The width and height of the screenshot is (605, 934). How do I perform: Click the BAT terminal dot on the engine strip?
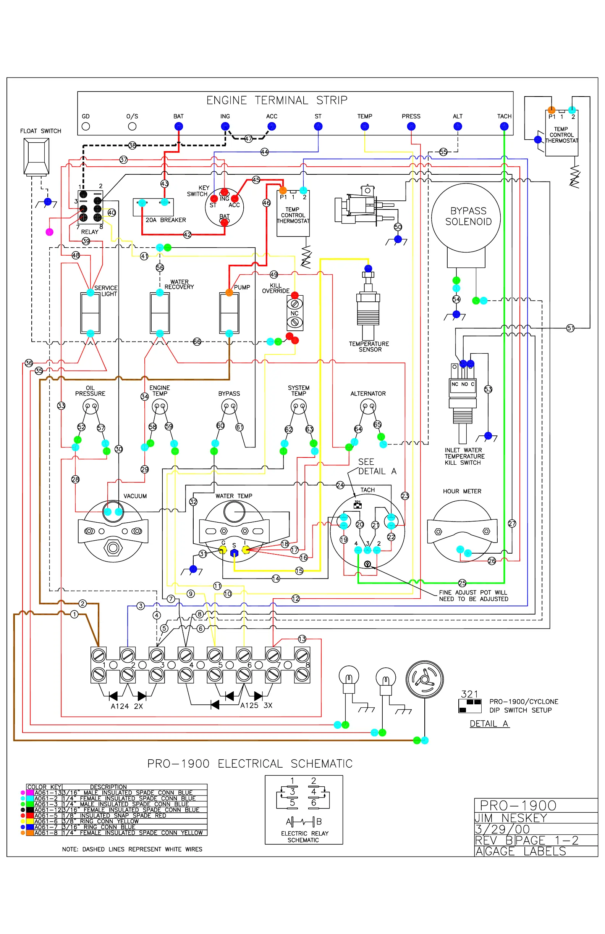[x=178, y=126]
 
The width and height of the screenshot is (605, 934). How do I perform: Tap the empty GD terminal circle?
[x=86, y=126]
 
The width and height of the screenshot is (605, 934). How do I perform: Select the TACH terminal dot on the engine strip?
[x=504, y=126]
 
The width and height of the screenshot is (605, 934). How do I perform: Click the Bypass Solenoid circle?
[x=466, y=217]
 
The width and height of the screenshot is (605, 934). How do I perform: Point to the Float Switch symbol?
[x=37, y=156]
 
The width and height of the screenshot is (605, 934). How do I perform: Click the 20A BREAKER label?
[x=165, y=220]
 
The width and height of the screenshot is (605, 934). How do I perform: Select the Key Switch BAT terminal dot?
[x=224, y=222]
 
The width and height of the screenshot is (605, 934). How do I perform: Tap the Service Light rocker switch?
[x=91, y=313]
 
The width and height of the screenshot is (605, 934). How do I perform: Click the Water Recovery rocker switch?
[x=160, y=313]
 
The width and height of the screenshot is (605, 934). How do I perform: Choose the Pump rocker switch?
[x=230, y=313]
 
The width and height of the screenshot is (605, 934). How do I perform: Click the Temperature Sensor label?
[x=369, y=346]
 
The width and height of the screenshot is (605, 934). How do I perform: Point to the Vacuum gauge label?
[x=135, y=496]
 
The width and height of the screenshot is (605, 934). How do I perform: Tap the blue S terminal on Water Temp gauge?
[x=234, y=553]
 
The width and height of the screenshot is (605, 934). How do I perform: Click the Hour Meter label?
[x=462, y=491]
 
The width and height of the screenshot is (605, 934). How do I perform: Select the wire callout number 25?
[x=462, y=583]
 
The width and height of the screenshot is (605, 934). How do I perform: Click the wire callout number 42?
[x=188, y=235]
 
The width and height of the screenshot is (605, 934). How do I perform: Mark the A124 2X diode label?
[x=126, y=706]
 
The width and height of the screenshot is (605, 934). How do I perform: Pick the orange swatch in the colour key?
[x=30, y=833]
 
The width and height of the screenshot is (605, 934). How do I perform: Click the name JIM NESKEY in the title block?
[x=510, y=818]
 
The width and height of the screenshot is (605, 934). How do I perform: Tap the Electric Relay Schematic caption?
[x=304, y=837]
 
